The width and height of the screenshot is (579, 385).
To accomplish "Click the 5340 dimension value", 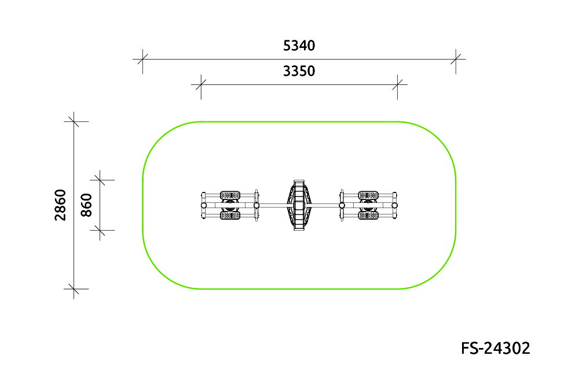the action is click(299, 46).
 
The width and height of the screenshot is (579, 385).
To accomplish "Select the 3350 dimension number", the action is click(299, 71).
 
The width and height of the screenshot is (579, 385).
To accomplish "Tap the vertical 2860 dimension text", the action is click(60, 205).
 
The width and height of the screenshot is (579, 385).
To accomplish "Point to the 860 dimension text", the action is click(86, 205).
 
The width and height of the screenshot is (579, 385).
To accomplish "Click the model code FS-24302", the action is click(496, 348).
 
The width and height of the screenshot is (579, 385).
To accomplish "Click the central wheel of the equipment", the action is click(299, 205).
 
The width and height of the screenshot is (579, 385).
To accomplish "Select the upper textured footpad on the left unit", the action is click(230, 195).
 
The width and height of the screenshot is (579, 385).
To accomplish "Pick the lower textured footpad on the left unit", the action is click(230, 216).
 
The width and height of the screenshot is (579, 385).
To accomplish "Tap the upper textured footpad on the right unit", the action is click(368, 195).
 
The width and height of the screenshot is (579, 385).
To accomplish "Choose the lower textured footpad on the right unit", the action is click(368, 216).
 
